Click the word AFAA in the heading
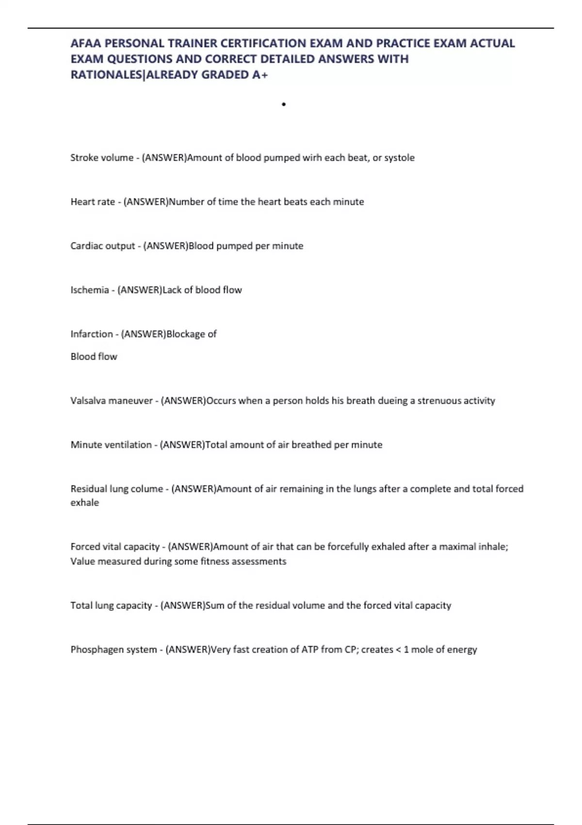tap(85, 43)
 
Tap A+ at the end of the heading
tap(260, 75)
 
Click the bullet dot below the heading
tap(284, 104)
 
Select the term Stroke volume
tap(102, 158)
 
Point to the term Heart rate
tap(93, 202)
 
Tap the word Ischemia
tap(90, 290)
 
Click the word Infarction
tap(92, 334)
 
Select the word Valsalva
tap(88, 401)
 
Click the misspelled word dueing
tap(393, 401)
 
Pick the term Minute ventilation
tap(111, 445)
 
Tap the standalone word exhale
tap(85, 503)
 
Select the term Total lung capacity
tap(111, 606)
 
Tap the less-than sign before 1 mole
tap(399, 650)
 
